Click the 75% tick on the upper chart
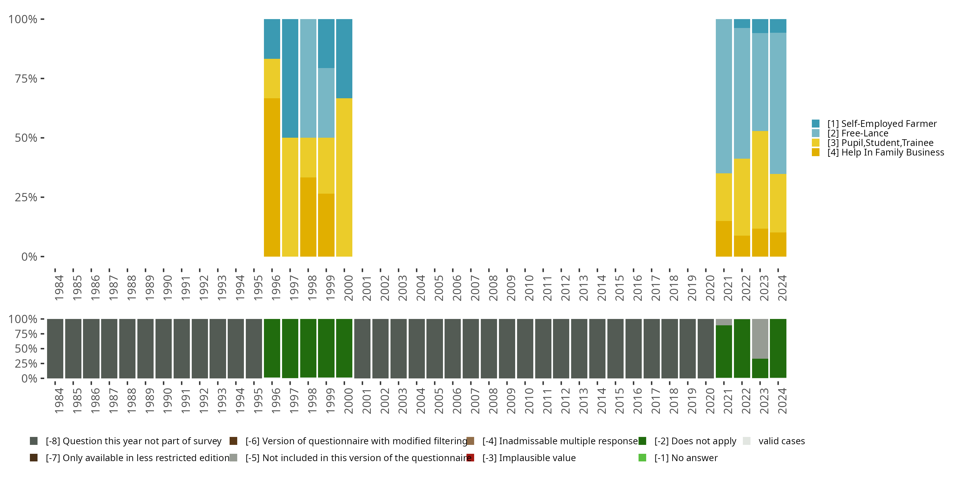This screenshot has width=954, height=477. [26, 79]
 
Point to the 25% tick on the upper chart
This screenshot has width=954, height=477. [26, 197]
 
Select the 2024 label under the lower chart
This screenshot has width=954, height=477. [782, 401]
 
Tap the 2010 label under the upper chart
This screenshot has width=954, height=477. [529, 288]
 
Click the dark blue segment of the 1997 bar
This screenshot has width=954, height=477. [290, 78]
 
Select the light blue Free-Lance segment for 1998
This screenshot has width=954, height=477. [308, 78]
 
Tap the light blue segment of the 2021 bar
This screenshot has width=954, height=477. [724, 96]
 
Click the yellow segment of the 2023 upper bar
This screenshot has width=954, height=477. [760, 180]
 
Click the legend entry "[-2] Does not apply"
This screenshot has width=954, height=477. [695, 441]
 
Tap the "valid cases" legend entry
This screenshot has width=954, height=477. [781, 441]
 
